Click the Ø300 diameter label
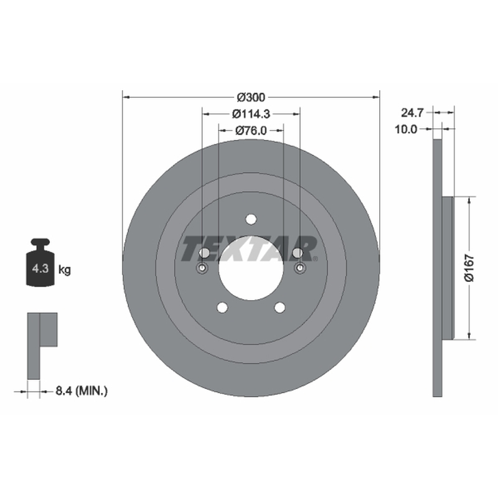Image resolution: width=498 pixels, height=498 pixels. [x=251, y=97]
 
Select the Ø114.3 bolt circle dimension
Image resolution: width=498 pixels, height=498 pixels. [x=251, y=114]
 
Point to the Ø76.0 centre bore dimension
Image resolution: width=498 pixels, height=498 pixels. [x=251, y=130]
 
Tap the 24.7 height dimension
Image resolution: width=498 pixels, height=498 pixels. [x=412, y=113]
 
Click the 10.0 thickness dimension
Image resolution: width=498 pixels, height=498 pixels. [x=406, y=129]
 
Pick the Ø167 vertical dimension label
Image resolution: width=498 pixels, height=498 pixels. [x=469, y=268]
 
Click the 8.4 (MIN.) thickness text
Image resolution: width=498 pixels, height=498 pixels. [x=82, y=391]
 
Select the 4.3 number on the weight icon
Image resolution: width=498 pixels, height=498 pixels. [x=40, y=269]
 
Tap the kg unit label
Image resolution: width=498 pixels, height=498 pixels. [x=65, y=270]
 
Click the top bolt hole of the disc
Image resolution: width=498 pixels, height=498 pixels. [x=251, y=219]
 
